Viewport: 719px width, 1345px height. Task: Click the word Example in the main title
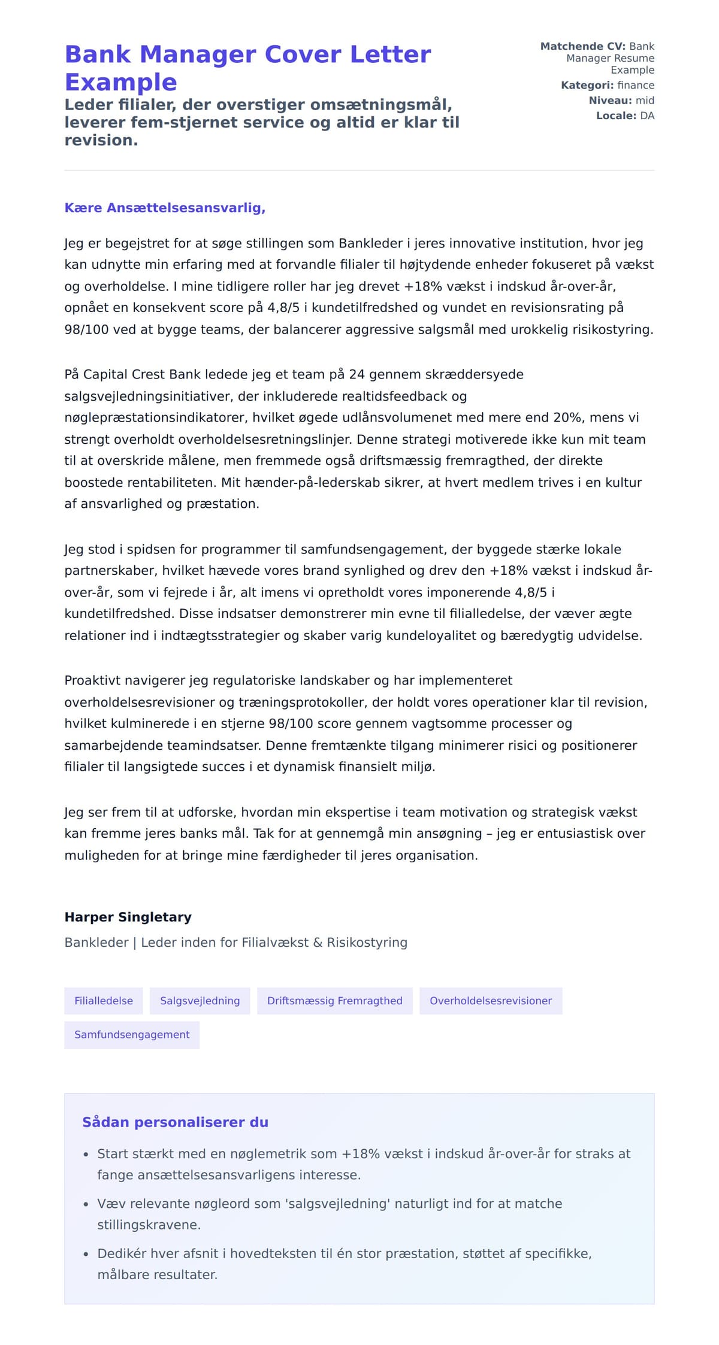[120, 82]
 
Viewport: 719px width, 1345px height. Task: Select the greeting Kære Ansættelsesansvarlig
[165, 208]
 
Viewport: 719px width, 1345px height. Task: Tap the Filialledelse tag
[104, 1001]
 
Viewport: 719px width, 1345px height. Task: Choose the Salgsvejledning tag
[200, 1001]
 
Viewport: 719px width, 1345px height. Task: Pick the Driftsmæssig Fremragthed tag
[334, 1001]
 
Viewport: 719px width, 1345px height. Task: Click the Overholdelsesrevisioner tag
[490, 1001]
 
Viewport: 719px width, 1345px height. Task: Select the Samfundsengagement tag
[132, 1035]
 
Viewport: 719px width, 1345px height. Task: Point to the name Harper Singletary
[128, 917]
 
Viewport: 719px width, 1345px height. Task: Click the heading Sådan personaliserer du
[175, 1122]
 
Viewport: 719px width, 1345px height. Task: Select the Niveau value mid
[645, 101]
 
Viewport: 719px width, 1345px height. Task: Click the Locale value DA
[647, 116]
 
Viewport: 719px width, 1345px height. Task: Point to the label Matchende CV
[582, 46]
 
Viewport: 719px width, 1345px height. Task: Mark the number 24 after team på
[357, 374]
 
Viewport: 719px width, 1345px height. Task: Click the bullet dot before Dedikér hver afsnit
[86, 1254]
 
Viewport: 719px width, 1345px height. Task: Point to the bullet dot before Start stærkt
[86, 1154]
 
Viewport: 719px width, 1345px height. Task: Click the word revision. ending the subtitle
[101, 140]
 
